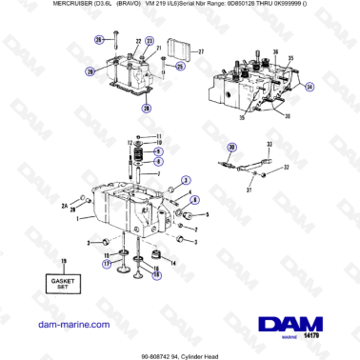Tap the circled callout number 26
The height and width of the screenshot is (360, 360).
tap(98, 39)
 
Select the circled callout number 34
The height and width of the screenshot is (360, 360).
tap(310, 86)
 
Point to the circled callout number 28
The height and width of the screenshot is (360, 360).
tap(146, 109)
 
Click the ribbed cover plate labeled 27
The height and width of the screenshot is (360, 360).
tap(181, 52)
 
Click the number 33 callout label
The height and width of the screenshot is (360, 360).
tap(270, 144)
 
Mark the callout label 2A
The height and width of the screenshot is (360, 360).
tap(66, 204)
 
